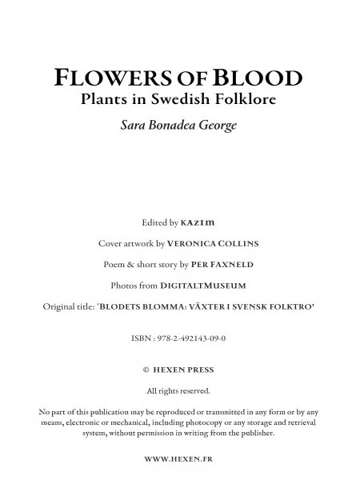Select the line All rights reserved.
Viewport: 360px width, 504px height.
click(x=179, y=391)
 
